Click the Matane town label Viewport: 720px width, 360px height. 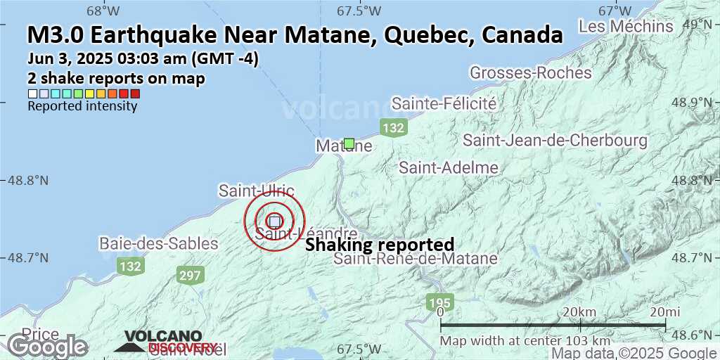click(343, 146)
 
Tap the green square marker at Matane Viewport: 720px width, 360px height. click(349, 143)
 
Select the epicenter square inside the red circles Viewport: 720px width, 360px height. click(275, 221)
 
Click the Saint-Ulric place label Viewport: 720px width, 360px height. click(256, 191)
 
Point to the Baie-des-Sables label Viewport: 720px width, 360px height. click(159, 244)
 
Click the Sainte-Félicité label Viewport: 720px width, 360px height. click(444, 104)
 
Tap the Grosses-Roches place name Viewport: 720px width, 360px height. click(521, 72)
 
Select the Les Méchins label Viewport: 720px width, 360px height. click(626, 27)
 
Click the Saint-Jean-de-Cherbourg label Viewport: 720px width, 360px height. click(555, 141)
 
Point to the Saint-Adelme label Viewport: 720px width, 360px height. click(449, 167)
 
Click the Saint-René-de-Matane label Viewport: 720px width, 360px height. click(416, 259)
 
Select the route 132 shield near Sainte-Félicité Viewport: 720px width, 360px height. click(393, 127)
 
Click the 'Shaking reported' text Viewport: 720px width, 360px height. click(379, 245)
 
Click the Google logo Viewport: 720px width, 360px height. click(47, 346)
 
